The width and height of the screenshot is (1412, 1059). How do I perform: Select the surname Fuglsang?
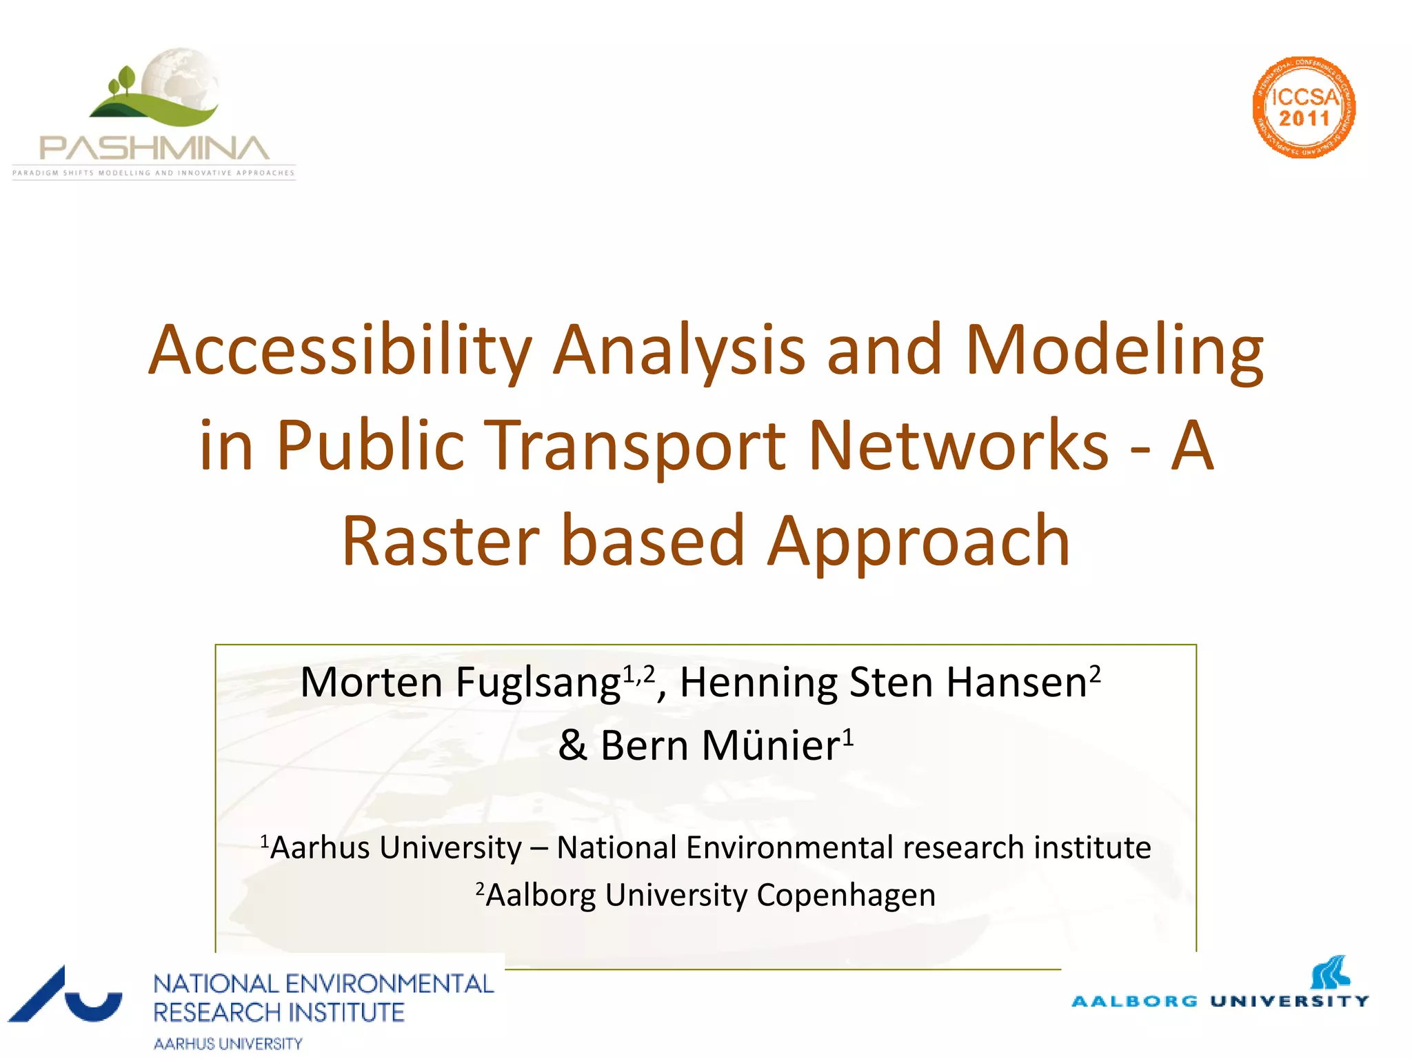click(x=538, y=683)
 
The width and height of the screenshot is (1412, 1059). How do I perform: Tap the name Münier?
click(x=771, y=746)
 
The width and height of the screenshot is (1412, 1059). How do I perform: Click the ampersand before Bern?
click(x=572, y=746)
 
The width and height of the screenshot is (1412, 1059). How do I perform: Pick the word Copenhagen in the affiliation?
click(x=846, y=896)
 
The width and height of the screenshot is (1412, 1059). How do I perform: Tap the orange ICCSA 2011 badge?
click(x=1303, y=108)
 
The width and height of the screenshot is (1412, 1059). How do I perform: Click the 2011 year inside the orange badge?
click(x=1304, y=119)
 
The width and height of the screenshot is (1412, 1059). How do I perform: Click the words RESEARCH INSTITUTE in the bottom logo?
click(x=279, y=1013)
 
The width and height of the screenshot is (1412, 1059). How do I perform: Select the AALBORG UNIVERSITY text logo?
click(x=1220, y=1001)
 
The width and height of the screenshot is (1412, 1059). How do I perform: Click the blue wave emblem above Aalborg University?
click(x=1330, y=972)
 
